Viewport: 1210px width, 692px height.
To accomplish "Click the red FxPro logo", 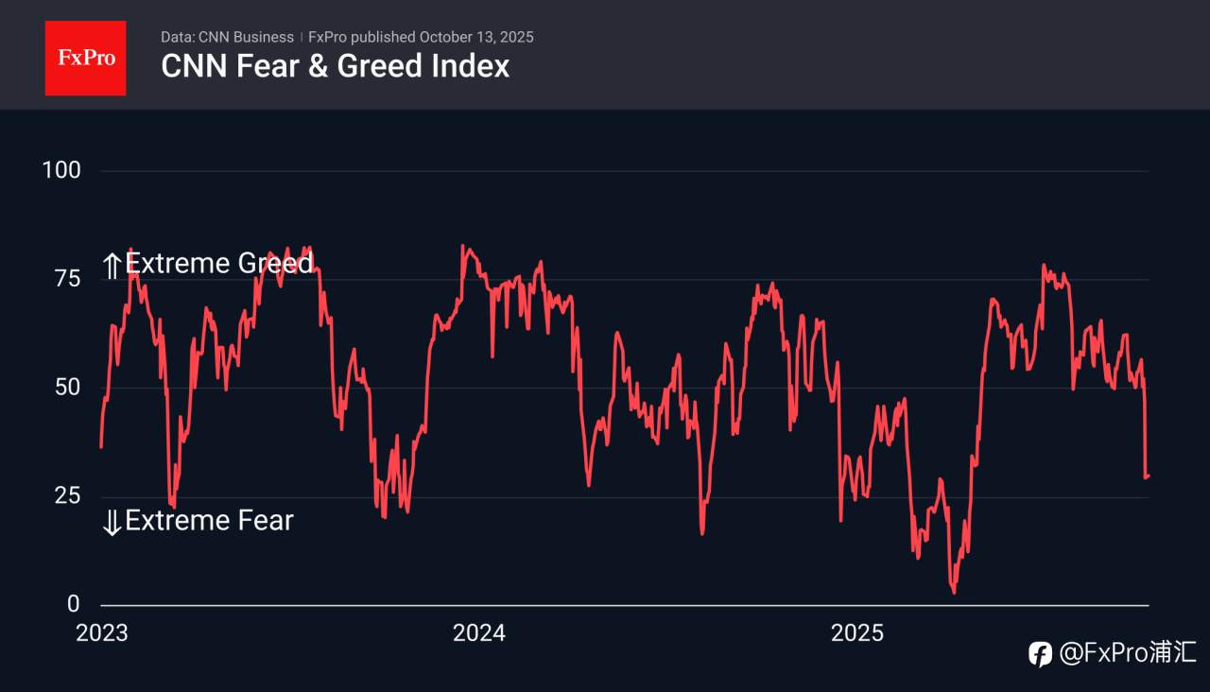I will coord(85,58).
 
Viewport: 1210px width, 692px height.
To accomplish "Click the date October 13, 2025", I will coord(476,37).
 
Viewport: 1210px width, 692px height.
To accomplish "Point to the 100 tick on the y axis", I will coord(61,170).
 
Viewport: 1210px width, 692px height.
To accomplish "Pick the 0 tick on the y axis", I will coord(73,604).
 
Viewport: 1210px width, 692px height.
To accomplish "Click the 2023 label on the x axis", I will coord(101,632).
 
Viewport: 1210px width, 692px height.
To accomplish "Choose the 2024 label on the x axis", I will coord(479,632).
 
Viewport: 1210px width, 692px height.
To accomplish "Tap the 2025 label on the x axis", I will coord(856,632).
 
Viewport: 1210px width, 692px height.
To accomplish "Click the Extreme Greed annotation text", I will coord(219,263).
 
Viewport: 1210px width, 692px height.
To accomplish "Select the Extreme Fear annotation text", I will coord(209,520).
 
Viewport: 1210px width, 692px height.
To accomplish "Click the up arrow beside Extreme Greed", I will coord(112,266).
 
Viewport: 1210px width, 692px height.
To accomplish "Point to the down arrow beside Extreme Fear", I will coord(112,522).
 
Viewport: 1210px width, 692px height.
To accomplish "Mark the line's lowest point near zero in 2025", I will coord(954,593).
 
